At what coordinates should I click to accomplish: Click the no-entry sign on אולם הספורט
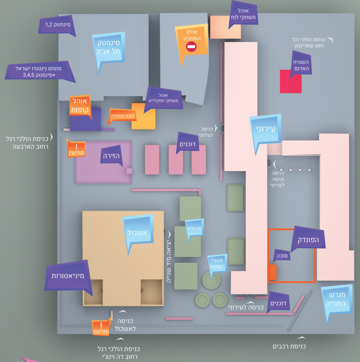191,47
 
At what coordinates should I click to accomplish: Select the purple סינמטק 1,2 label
57,25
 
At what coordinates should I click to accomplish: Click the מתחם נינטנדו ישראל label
39,71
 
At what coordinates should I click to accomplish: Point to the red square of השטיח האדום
291,81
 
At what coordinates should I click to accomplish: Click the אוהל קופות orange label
80,106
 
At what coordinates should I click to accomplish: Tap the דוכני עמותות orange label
123,116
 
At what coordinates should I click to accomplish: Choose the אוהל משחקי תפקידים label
163,98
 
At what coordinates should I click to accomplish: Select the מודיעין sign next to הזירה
77,149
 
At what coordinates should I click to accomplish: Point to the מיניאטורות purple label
67,276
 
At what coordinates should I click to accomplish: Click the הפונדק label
308,239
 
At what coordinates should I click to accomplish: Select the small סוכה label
282,256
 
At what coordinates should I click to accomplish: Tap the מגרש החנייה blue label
337,299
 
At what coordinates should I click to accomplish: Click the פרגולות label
194,228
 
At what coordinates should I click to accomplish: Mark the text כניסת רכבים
289,346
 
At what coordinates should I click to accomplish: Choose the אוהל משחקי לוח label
243,14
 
